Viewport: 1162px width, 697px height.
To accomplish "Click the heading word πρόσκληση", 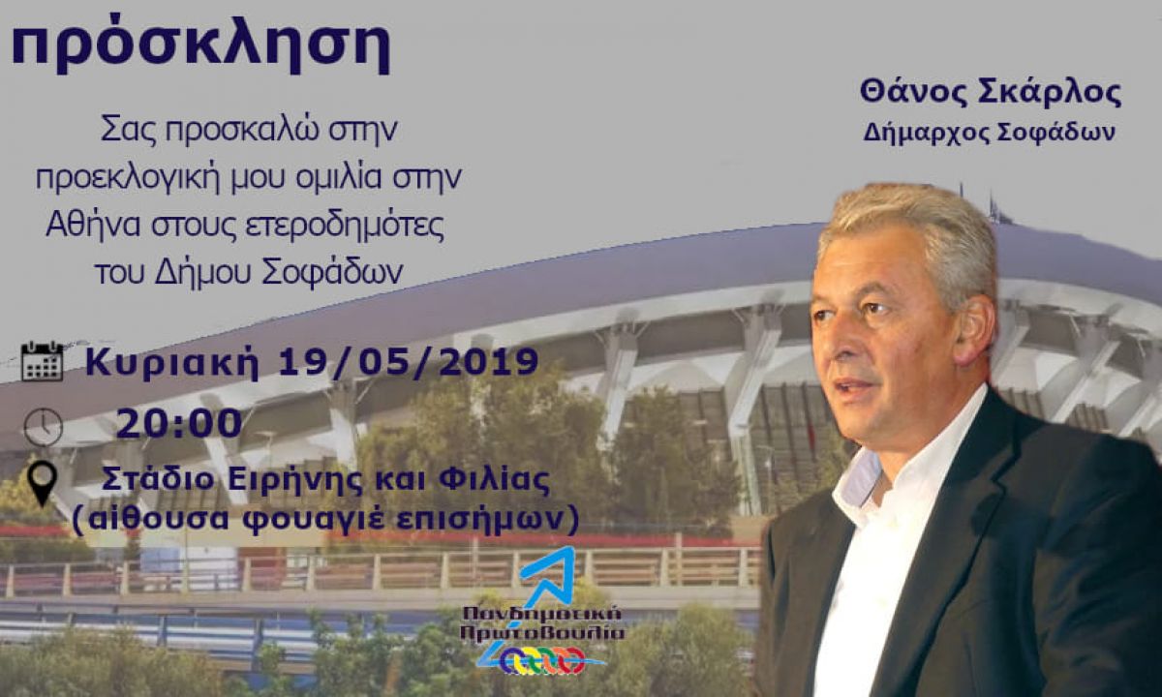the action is click(200, 45).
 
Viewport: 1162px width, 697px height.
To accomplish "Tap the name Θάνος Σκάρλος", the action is click(991, 93).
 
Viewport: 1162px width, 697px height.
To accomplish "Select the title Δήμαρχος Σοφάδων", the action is click(990, 134).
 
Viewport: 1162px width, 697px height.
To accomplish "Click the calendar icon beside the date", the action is click(42, 361).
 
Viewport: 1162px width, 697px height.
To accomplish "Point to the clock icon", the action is click(43, 427).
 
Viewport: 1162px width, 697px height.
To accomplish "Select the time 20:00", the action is click(179, 424).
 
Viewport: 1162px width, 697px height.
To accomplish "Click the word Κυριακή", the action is click(172, 363).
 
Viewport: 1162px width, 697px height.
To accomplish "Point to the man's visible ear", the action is click(975, 332).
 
